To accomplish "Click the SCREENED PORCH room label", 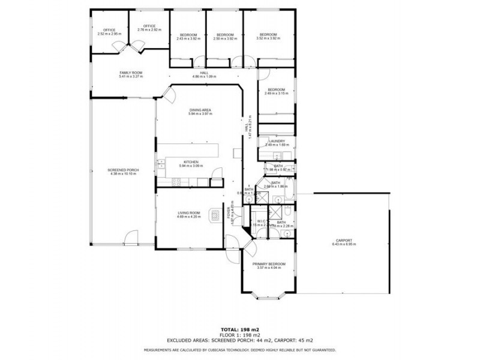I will [124, 170].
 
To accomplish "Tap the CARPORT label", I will [344, 240].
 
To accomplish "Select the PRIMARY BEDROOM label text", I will [269, 264].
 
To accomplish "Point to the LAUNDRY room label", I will [277, 141].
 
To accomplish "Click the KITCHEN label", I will [191, 162].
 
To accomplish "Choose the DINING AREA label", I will [200, 110].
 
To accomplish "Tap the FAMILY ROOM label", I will [131, 73].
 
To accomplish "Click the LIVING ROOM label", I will [188, 213].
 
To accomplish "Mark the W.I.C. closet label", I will [261, 221].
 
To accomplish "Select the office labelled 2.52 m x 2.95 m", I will [109, 34].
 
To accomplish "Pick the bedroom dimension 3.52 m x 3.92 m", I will [268, 38].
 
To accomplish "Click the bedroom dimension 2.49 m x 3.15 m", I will [277, 94].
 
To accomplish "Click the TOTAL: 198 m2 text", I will [240, 330].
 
